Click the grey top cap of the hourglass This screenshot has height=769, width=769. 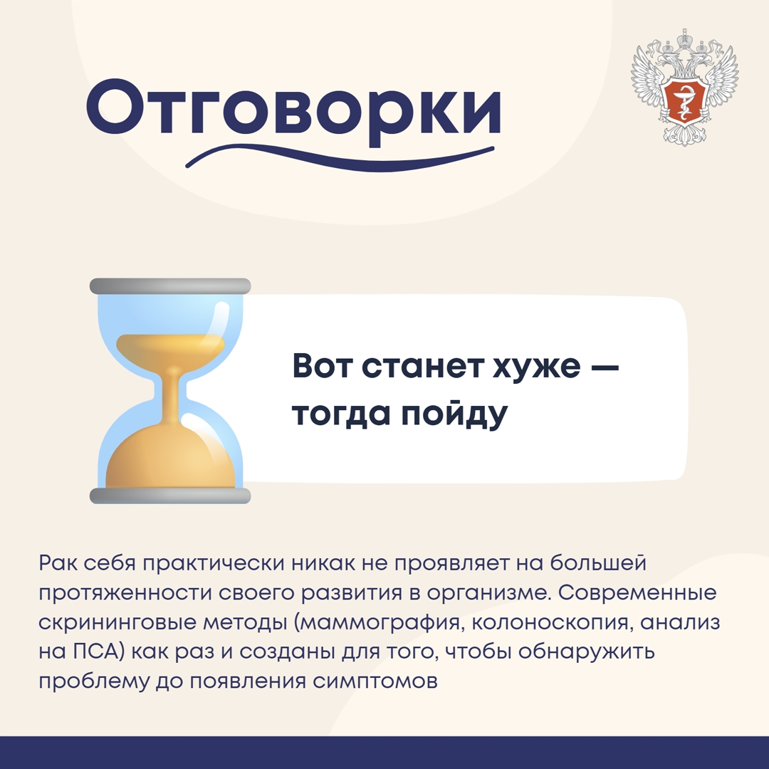(170, 286)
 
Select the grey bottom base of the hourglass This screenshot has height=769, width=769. (170, 496)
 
